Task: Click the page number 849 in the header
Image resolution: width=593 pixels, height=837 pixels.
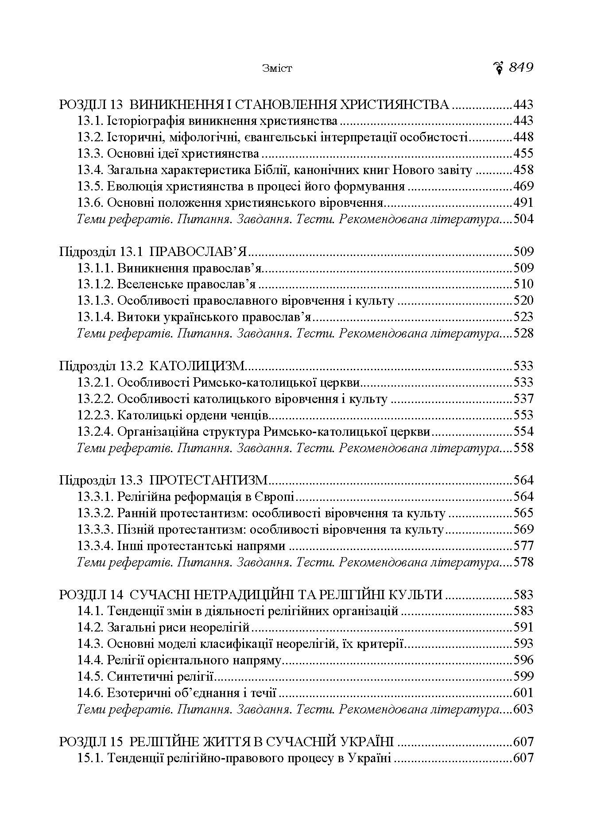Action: [x=521, y=68]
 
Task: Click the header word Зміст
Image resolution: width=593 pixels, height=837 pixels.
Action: [x=277, y=69]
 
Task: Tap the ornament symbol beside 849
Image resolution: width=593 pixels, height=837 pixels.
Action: [x=499, y=68]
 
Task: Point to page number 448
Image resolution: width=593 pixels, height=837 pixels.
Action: [x=523, y=137]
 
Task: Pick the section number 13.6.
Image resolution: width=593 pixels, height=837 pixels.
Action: [x=90, y=203]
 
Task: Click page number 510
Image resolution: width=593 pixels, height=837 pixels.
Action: [x=523, y=284]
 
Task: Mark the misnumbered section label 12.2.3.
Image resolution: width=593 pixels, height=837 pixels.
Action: [x=95, y=415]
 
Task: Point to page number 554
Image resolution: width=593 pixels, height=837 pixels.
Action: [x=523, y=432]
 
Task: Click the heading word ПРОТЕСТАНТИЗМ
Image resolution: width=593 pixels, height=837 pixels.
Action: [x=209, y=480]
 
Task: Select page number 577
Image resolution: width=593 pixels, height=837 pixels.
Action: [x=523, y=546]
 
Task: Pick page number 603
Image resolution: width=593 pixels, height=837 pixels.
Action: [x=523, y=709]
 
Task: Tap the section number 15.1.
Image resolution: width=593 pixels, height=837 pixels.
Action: [x=90, y=758]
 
